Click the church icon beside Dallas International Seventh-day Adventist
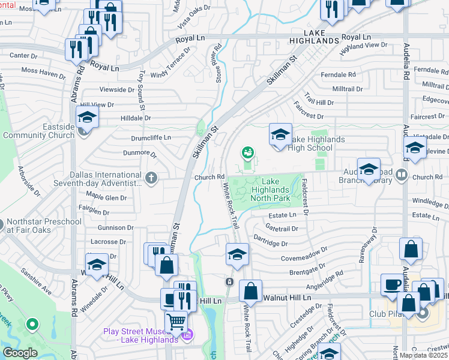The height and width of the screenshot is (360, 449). click(151, 177)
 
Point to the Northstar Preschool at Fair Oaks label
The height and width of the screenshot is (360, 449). click(44, 226)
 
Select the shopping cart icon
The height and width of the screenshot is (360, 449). click(175, 322)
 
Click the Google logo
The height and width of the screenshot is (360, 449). click(20, 353)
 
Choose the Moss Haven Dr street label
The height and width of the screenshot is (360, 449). click(43, 74)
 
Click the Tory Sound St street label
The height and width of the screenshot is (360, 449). click(142, 86)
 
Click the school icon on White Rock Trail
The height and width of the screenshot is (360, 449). click(237, 254)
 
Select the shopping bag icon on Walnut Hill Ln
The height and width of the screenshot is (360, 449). click(250, 292)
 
